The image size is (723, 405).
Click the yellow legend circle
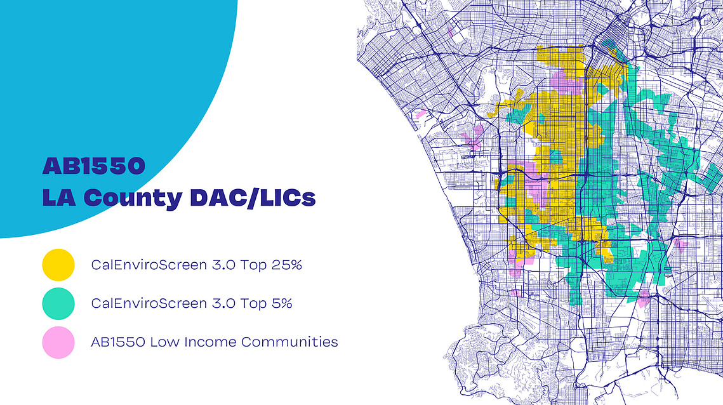tap(58, 265)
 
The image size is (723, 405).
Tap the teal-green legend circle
tap(58, 303)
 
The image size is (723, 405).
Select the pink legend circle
tap(58, 342)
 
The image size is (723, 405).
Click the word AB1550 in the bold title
tap(94, 166)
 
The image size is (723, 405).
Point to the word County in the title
tap(133, 198)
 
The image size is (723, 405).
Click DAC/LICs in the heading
tap(253, 198)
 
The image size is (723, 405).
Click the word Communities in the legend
tap(289, 342)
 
